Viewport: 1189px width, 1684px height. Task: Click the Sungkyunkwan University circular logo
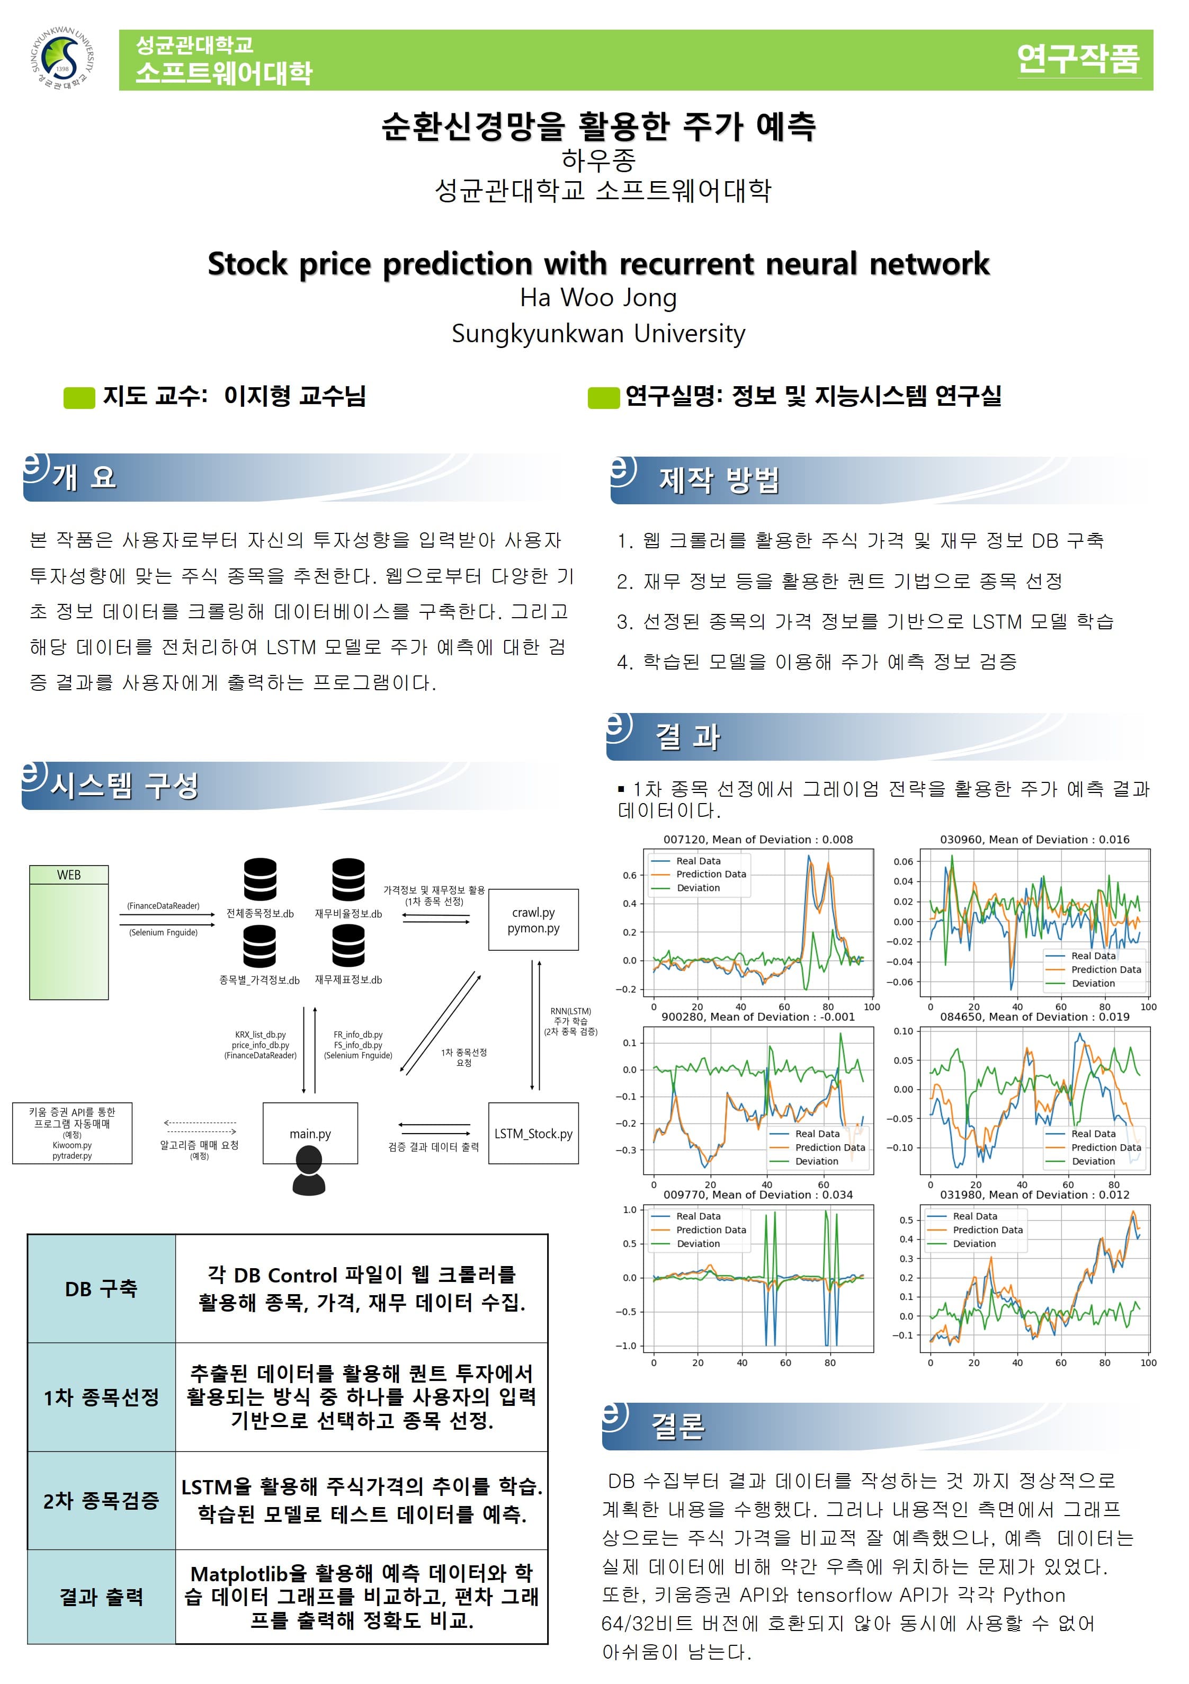point(62,59)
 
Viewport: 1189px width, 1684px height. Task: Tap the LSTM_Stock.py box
point(533,1133)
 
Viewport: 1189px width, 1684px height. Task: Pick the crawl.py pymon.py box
point(533,920)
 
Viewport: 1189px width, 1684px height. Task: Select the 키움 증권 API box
point(72,1133)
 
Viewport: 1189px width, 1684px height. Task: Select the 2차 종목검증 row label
point(101,1500)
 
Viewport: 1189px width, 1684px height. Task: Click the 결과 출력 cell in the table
point(101,1596)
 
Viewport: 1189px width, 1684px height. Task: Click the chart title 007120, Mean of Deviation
point(758,839)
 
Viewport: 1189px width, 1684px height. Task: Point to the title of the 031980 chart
point(1034,1194)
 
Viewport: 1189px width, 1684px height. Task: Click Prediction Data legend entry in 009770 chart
point(710,1230)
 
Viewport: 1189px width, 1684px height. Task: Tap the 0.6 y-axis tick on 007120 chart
point(629,875)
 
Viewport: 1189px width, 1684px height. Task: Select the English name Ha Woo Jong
point(598,297)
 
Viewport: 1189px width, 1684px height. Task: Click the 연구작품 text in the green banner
point(1077,59)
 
